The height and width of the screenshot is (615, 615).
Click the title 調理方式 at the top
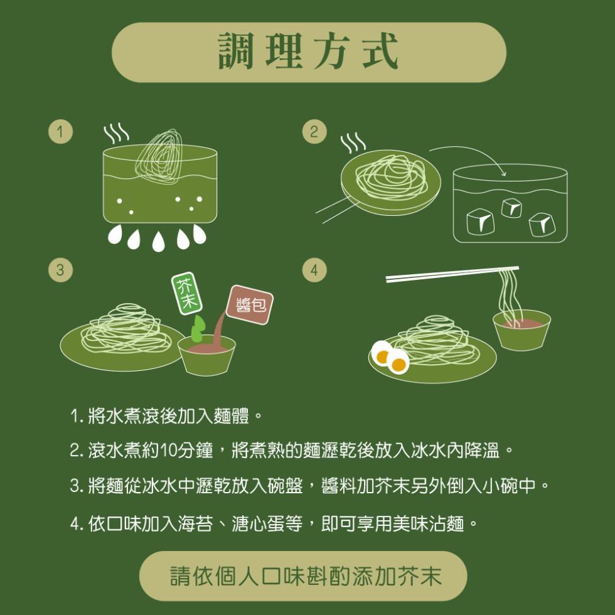tap(308, 52)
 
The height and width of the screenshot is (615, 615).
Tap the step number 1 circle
tap(60, 132)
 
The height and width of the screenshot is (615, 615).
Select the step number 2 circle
tap(314, 132)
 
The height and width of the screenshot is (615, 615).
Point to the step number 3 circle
tap(60, 270)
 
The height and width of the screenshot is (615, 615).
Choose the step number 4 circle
tap(314, 270)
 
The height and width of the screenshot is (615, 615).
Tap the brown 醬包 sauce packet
tap(250, 305)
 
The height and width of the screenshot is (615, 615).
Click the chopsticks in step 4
tap(452, 274)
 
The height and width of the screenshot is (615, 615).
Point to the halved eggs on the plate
tap(389, 357)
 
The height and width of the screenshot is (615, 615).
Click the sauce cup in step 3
tap(206, 355)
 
